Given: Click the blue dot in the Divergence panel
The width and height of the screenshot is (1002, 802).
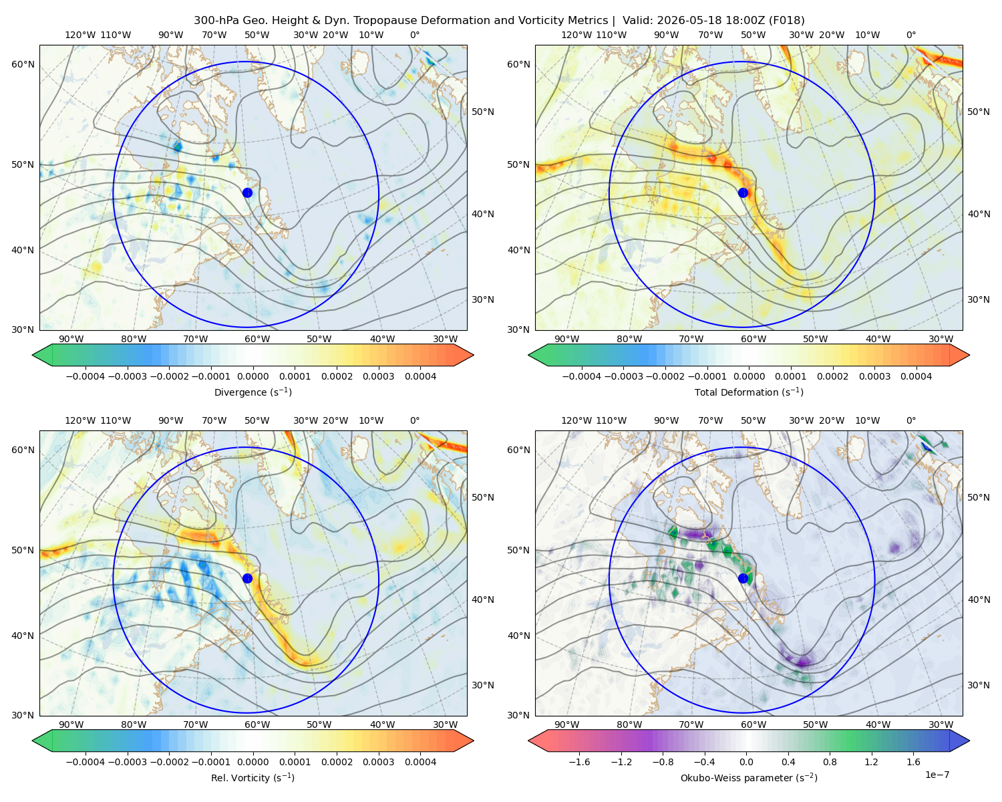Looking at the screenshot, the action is click(x=247, y=192).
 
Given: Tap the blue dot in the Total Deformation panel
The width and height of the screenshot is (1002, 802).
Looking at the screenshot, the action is click(x=743, y=192).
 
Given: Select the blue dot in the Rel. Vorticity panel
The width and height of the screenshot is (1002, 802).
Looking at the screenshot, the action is click(x=247, y=578).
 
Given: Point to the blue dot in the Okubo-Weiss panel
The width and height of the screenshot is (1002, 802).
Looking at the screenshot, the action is click(x=743, y=578).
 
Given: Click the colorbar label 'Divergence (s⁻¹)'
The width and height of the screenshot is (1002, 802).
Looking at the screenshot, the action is click(x=253, y=392).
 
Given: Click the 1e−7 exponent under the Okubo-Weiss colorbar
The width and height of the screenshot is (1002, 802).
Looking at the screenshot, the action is click(x=937, y=775).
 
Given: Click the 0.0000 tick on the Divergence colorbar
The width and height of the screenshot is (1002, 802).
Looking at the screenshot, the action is click(x=253, y=376).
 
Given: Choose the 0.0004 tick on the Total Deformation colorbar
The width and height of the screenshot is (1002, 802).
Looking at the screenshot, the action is click(x=916, y=376).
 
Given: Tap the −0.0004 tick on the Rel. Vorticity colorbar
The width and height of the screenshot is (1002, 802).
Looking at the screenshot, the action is click(x=86, y=762).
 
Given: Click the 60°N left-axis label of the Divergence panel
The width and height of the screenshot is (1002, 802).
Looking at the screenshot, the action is click(x=23, y=64).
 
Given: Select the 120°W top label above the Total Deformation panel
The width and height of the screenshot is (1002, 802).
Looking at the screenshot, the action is click(x=576, y=35).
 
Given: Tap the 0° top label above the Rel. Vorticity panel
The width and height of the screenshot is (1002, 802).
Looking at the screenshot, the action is click(x=415, y=420).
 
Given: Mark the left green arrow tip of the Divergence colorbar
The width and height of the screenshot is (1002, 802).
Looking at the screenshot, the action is click(x=33, y=355).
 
